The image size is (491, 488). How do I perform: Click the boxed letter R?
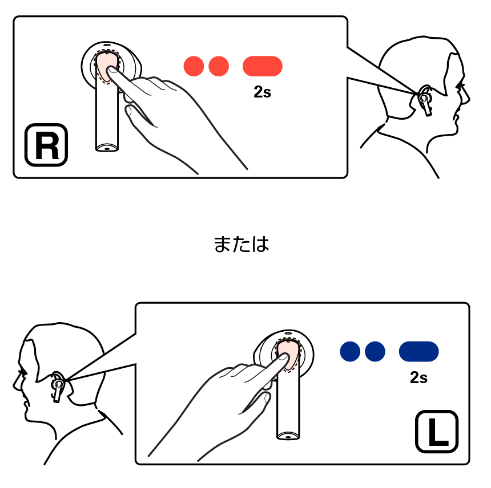[x=46, y=145]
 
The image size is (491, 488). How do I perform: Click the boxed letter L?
[x=437, y=432]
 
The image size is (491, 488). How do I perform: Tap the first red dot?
[x=194, y=66]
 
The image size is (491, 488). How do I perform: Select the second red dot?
[x=219, y=66]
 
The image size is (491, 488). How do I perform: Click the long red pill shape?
[x=263, y=66]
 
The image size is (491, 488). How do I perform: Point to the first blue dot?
[x=350, y=351]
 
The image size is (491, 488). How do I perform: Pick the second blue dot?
[x=375, y=351]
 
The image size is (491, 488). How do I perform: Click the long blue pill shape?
[x=418, y=351]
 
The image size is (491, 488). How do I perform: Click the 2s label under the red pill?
[x=263, y=92]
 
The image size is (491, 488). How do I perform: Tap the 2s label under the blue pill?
[x=418, y=377]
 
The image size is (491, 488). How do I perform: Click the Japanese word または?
[x=242, y=244]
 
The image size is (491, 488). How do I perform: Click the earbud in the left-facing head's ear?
[x=58, y=387]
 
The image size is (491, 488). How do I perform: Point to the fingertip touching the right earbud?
[x=111, y=70]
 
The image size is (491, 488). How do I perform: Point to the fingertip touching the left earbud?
[x=284, y=356]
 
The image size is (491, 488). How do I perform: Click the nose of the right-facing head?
[x=467, y=99]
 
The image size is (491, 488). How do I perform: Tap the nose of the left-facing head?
[x=15, y=384]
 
